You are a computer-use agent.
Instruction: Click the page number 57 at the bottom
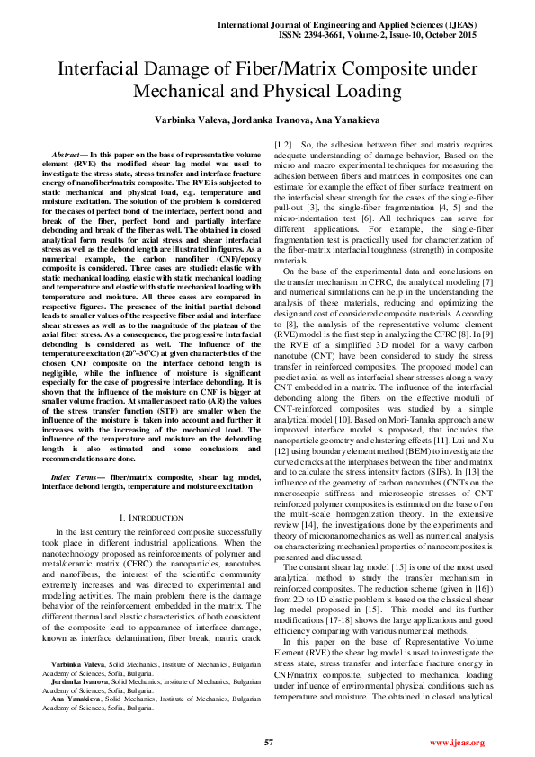pos(268,742)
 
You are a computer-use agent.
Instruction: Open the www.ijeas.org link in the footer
pos(458,743)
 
